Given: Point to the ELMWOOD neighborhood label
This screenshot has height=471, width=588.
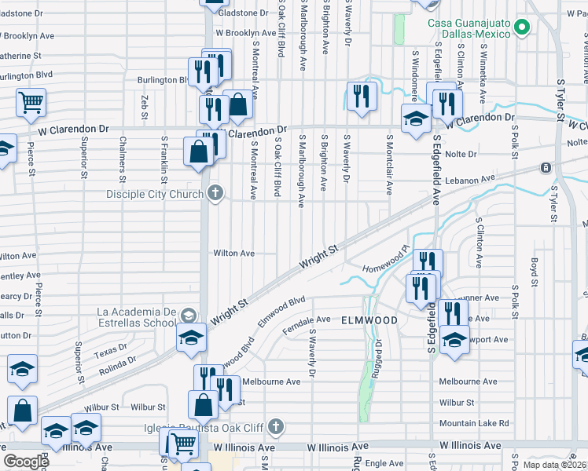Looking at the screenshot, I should pyautogui.click(x=369, y=320).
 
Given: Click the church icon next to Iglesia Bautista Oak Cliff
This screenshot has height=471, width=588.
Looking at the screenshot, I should pyautogui.click(x=274, y=427).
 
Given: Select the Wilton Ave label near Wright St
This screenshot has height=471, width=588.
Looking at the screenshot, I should pyautogui.click(x=234, y=254).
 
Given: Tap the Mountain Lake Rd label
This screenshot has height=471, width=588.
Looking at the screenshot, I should pyautogui.click(x=474, y=423).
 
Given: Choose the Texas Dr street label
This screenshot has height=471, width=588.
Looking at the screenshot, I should pyautogui.click(x=111, y=348).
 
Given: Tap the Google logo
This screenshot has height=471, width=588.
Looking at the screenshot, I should pyautogui.click(x=27, y=462).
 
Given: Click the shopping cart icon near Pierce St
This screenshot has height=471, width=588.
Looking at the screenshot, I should pyautogui.click(x=30, y=102).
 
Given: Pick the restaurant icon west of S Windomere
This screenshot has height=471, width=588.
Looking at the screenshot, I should pyautogui.click(x=362, y=97).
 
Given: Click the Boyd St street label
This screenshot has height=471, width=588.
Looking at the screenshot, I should pyautogui.click(x=534, y=271).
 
